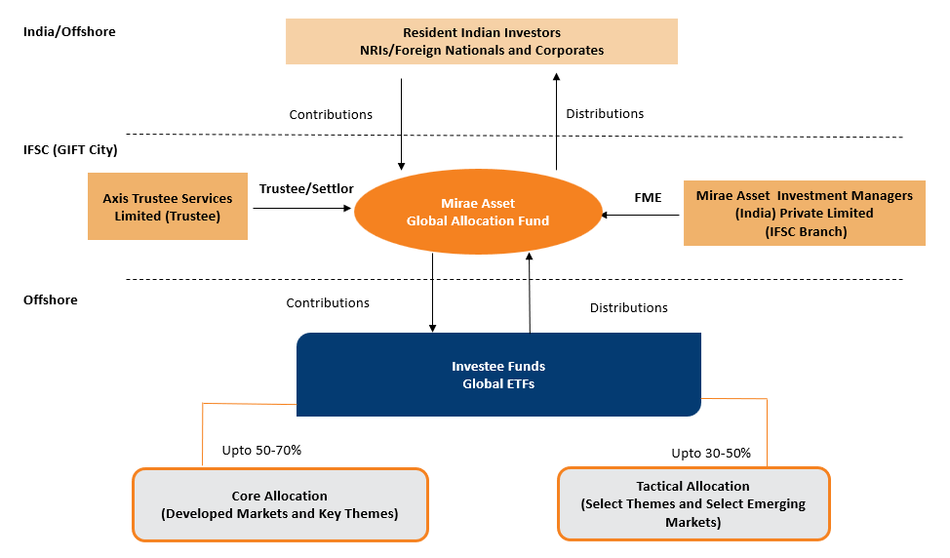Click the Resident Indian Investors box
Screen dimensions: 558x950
coord(481,41)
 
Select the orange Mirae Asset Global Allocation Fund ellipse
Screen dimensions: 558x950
coord(477,213)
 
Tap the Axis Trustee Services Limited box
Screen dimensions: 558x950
coord(167,206)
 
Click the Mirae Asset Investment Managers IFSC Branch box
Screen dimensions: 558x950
coord(804,212)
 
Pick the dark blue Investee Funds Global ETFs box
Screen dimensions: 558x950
coord(497,375)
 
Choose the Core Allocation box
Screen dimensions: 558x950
coord(279,504)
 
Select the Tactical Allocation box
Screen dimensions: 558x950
coord(693,503)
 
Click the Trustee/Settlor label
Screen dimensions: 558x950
coord(306,188)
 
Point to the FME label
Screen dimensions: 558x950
coord(648,197)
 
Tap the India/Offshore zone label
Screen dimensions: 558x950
coord(69,31)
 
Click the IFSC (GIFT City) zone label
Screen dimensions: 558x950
coord(70,150)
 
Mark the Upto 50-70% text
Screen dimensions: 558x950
coord(261,451)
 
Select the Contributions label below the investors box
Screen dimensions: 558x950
coord(331,114)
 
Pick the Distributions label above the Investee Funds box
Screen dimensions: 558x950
coord(628,307)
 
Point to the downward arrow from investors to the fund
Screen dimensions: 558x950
coord(401,122)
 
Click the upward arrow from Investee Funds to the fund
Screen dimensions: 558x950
coord(530,293)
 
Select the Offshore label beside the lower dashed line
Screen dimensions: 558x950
coord(50,299)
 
